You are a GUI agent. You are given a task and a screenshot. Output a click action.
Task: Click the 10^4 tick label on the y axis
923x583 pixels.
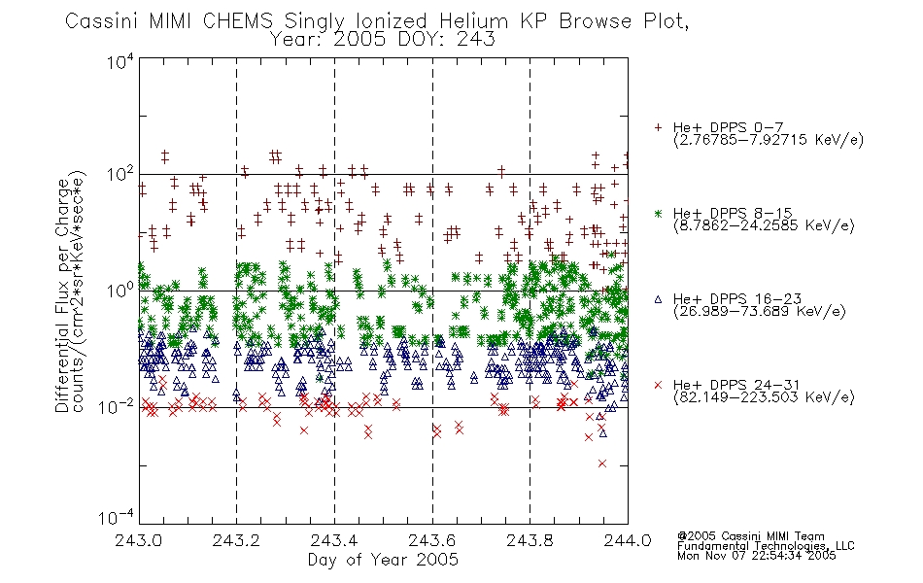120,61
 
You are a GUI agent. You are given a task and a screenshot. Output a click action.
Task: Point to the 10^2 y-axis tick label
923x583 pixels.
120,175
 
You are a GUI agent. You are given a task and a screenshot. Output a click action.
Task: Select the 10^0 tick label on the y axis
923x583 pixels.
120,291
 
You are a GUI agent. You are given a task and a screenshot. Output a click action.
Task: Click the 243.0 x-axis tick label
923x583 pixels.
139,540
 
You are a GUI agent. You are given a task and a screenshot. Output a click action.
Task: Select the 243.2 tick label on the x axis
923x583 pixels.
236,540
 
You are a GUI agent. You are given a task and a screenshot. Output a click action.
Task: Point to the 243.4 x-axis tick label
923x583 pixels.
334,540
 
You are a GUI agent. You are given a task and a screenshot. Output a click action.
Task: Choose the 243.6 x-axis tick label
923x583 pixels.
432,540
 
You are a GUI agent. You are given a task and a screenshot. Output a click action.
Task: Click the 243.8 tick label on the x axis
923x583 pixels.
530,540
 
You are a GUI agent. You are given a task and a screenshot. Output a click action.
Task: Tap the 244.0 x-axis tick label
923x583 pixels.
628,540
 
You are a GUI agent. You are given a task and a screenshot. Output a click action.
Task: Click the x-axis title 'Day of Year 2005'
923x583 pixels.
383,560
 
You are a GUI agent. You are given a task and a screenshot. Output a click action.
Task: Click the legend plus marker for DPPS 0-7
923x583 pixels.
658,127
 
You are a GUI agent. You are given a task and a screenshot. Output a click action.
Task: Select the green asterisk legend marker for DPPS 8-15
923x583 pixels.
658,213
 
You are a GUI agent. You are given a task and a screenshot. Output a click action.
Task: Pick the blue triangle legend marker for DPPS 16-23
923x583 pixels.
658,299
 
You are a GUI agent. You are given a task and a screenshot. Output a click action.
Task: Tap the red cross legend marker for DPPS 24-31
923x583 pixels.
658,385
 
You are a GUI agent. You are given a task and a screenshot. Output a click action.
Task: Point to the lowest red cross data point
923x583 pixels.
602,463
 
